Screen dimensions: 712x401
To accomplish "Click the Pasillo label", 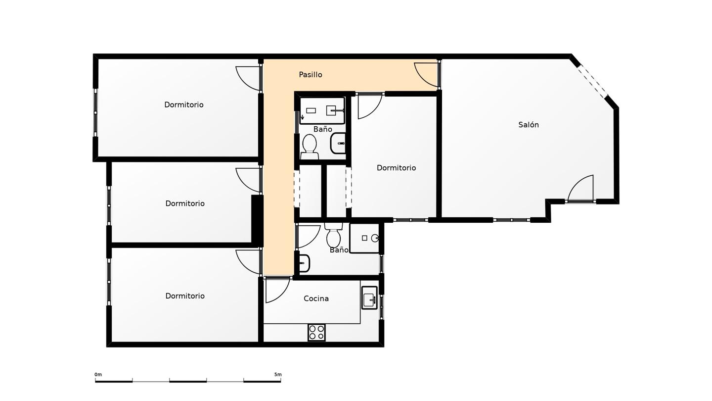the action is [310, 75].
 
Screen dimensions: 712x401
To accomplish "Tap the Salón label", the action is [528, 125].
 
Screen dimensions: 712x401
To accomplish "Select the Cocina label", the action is [316, 299].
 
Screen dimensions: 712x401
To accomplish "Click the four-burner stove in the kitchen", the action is [316, 332].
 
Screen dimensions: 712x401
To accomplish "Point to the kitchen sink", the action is [369, 298].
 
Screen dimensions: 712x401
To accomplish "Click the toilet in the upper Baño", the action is [310, 147].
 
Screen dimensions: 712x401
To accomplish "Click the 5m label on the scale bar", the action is [278, 375].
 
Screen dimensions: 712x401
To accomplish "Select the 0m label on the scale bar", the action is [98, 375].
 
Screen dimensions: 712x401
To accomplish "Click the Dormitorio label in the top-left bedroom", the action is [184, 105].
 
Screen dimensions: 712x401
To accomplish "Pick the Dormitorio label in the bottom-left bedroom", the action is [185, 296].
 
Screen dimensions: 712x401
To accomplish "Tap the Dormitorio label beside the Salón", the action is [396, 168].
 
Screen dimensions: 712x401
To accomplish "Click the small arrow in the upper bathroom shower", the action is [302, 117].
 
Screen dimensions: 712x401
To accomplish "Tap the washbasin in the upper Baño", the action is [338, 143].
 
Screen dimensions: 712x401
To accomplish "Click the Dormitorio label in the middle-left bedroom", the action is [185, 203].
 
